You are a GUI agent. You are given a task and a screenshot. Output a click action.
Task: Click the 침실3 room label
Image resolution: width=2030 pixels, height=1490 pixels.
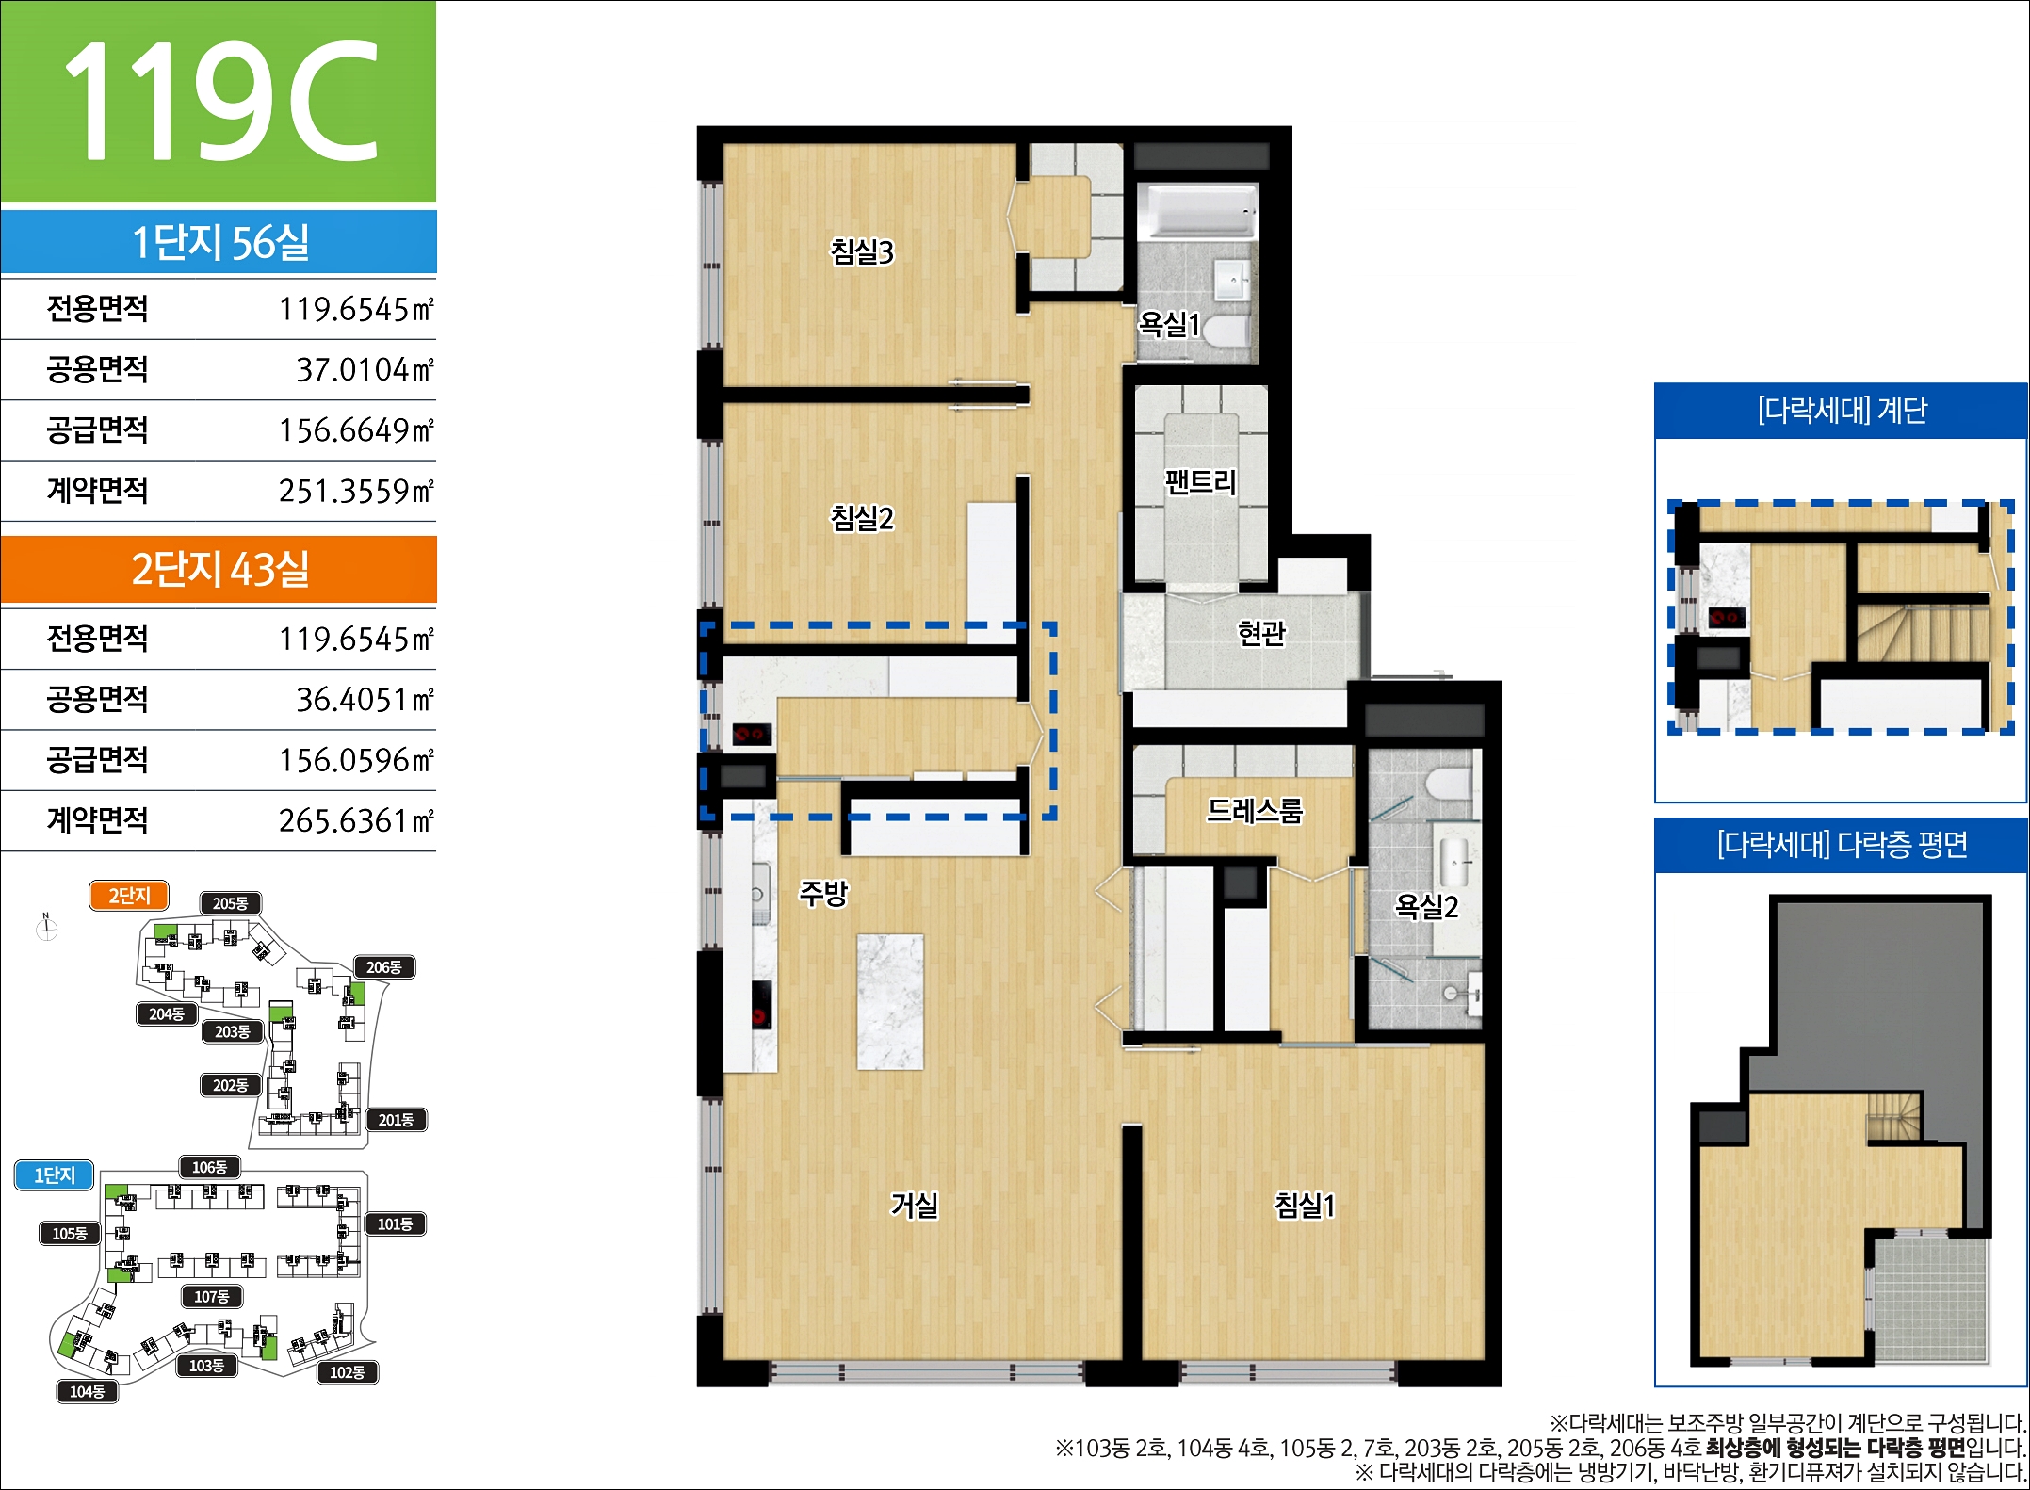point(861,251)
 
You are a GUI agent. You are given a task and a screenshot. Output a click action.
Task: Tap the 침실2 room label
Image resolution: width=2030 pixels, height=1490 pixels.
point(861,517)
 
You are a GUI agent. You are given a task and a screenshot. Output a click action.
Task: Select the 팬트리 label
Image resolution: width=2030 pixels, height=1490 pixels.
point(1200,482)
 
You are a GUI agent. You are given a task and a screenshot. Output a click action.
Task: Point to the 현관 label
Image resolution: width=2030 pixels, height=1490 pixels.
point(1261,633)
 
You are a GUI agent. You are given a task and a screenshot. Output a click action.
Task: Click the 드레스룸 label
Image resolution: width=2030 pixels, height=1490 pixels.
point(1255,810)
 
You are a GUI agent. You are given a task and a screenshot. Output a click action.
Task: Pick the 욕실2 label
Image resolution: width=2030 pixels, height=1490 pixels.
point(1426,906)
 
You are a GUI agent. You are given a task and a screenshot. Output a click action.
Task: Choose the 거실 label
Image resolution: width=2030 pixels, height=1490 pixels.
point(915,1205)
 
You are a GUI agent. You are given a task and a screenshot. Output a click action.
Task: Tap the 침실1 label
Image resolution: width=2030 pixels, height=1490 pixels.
point(1305,1205)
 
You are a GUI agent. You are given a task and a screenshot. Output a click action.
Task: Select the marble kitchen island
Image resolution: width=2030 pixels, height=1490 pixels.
point(890,1001)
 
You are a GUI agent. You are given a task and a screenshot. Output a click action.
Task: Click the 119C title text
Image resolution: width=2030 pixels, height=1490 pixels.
point(220,101)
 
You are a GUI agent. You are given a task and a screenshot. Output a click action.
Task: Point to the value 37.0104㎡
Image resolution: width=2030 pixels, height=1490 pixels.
point(365,369)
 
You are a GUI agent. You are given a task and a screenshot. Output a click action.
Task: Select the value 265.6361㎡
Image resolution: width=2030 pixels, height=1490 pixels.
point(356,820)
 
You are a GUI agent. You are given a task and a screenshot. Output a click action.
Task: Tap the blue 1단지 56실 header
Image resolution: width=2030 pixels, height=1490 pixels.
point(219,242)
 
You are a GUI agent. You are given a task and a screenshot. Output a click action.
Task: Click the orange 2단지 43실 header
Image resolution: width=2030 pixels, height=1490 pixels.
point(219,569)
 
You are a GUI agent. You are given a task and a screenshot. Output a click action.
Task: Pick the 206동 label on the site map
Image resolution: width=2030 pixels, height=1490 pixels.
point(384,967)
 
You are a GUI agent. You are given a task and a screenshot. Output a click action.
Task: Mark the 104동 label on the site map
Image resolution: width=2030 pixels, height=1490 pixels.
point(88,1391)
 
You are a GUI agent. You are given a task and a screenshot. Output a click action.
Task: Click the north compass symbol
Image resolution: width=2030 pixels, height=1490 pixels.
point(46,929)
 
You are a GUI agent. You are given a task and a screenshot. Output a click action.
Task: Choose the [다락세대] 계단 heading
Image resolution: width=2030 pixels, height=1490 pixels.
point(1842,411)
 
